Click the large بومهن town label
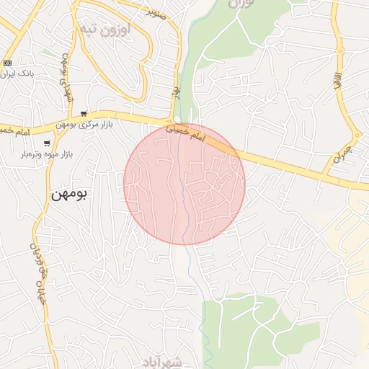tap(69, 195)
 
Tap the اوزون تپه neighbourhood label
tap(105, 31)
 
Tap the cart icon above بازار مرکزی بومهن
tap(84, 113)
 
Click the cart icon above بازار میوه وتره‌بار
tap(46, 143)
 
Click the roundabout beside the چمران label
tap(356, 134)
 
